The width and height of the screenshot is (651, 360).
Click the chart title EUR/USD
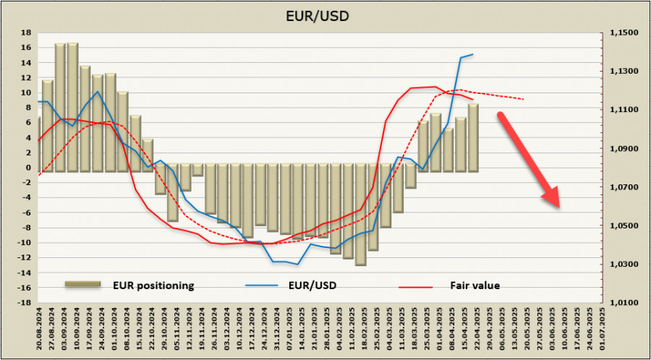click(325, 14)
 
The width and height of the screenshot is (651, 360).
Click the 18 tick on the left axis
click(26, 33)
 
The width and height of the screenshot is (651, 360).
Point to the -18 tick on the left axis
click(24, 303)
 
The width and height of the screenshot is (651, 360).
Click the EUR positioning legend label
click(153, 286)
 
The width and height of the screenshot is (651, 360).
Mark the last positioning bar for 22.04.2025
click(472, 137)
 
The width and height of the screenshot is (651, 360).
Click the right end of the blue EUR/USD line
click(473, 54)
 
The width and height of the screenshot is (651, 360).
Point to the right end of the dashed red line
click(524, 99)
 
